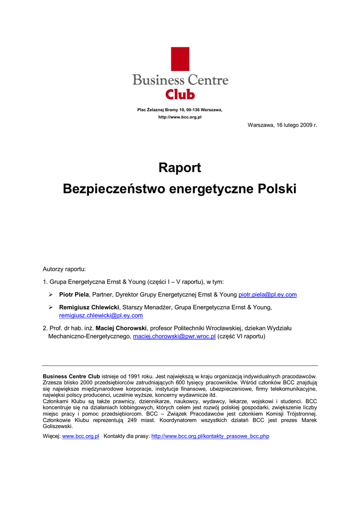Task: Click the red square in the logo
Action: point(180,59)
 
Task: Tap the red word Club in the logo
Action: point(180,94)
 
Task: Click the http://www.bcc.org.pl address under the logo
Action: point(180,117)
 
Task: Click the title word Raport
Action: point(180,168)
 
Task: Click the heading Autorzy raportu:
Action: point(64,269)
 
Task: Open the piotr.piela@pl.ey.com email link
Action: point(268,295)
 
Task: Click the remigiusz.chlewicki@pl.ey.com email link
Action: point(101,315)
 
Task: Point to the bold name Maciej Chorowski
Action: point(121,328)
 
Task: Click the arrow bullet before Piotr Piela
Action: point(51,295)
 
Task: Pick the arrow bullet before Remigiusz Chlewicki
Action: point(51,308)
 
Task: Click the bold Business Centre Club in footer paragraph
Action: point(72,377)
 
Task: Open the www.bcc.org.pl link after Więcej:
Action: point(80,436)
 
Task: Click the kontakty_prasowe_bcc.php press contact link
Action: point(210,436)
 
